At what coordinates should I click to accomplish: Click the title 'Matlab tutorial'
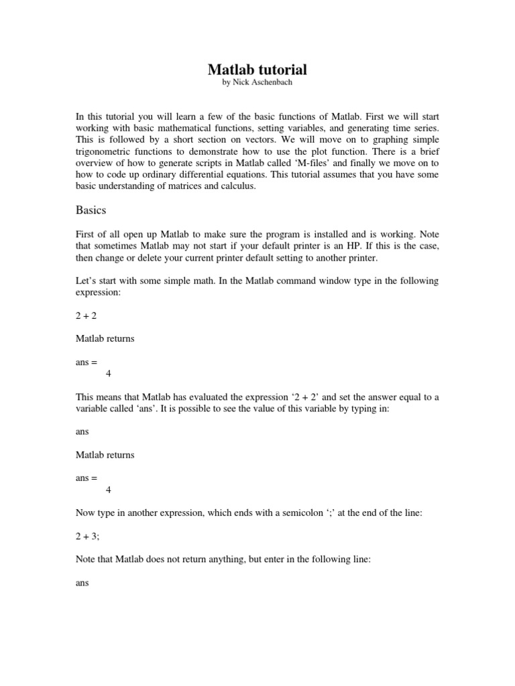257,70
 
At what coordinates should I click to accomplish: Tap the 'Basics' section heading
91,210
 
